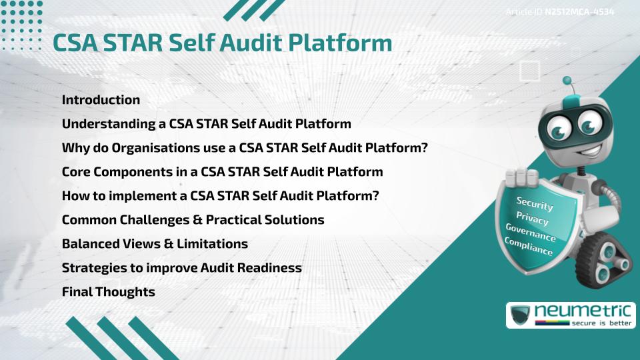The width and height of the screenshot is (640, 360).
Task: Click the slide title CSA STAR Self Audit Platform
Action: (222, 43)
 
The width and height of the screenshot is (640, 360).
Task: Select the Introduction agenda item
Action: (101, 100)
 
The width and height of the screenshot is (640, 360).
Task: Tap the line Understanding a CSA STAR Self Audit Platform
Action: (206, 124)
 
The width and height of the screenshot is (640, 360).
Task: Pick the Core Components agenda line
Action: (222, 172)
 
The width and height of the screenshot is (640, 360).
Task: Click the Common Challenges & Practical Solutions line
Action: (193, 220)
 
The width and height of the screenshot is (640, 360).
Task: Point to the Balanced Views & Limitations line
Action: (155, 244)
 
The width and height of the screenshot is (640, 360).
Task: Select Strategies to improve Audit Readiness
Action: (181, 268)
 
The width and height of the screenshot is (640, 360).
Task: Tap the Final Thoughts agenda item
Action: (108, 292)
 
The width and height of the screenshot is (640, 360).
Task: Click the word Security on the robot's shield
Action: (535, 203)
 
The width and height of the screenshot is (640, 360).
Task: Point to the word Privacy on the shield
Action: (532, 218)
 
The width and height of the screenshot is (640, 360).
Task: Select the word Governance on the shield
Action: (531, 233)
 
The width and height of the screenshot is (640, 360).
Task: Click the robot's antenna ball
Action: (567, 81)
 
